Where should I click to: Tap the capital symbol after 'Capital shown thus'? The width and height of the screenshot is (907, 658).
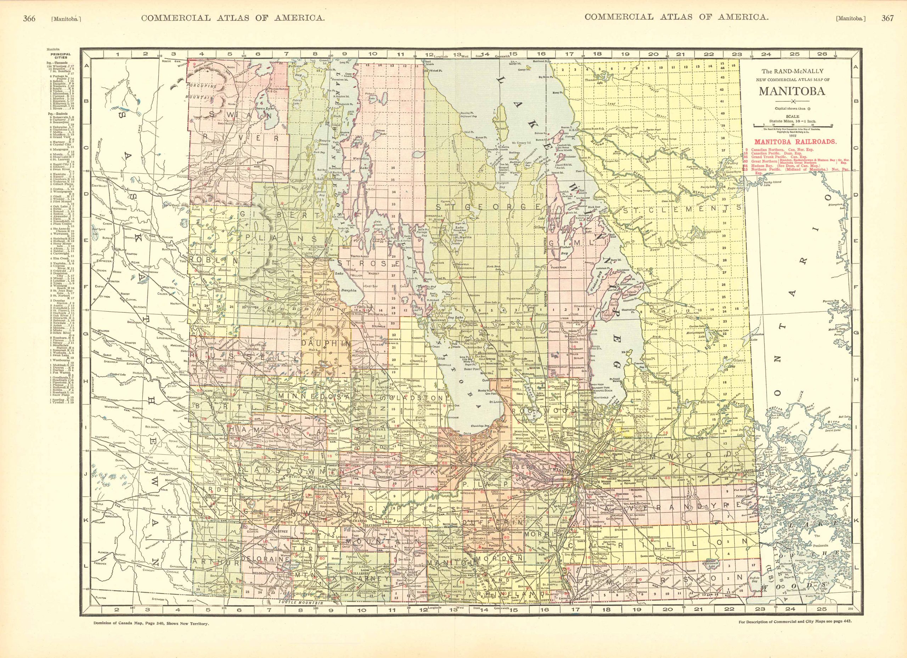810,108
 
